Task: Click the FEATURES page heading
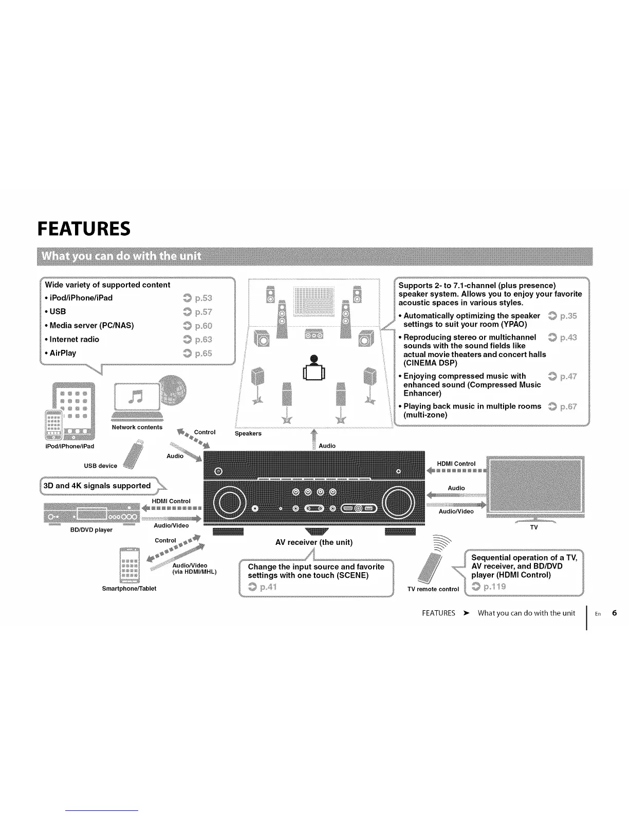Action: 84,228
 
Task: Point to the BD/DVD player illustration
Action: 91,513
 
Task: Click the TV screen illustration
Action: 534,485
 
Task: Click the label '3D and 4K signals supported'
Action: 97,486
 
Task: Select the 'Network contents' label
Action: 137,427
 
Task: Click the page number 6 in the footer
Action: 614,613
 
